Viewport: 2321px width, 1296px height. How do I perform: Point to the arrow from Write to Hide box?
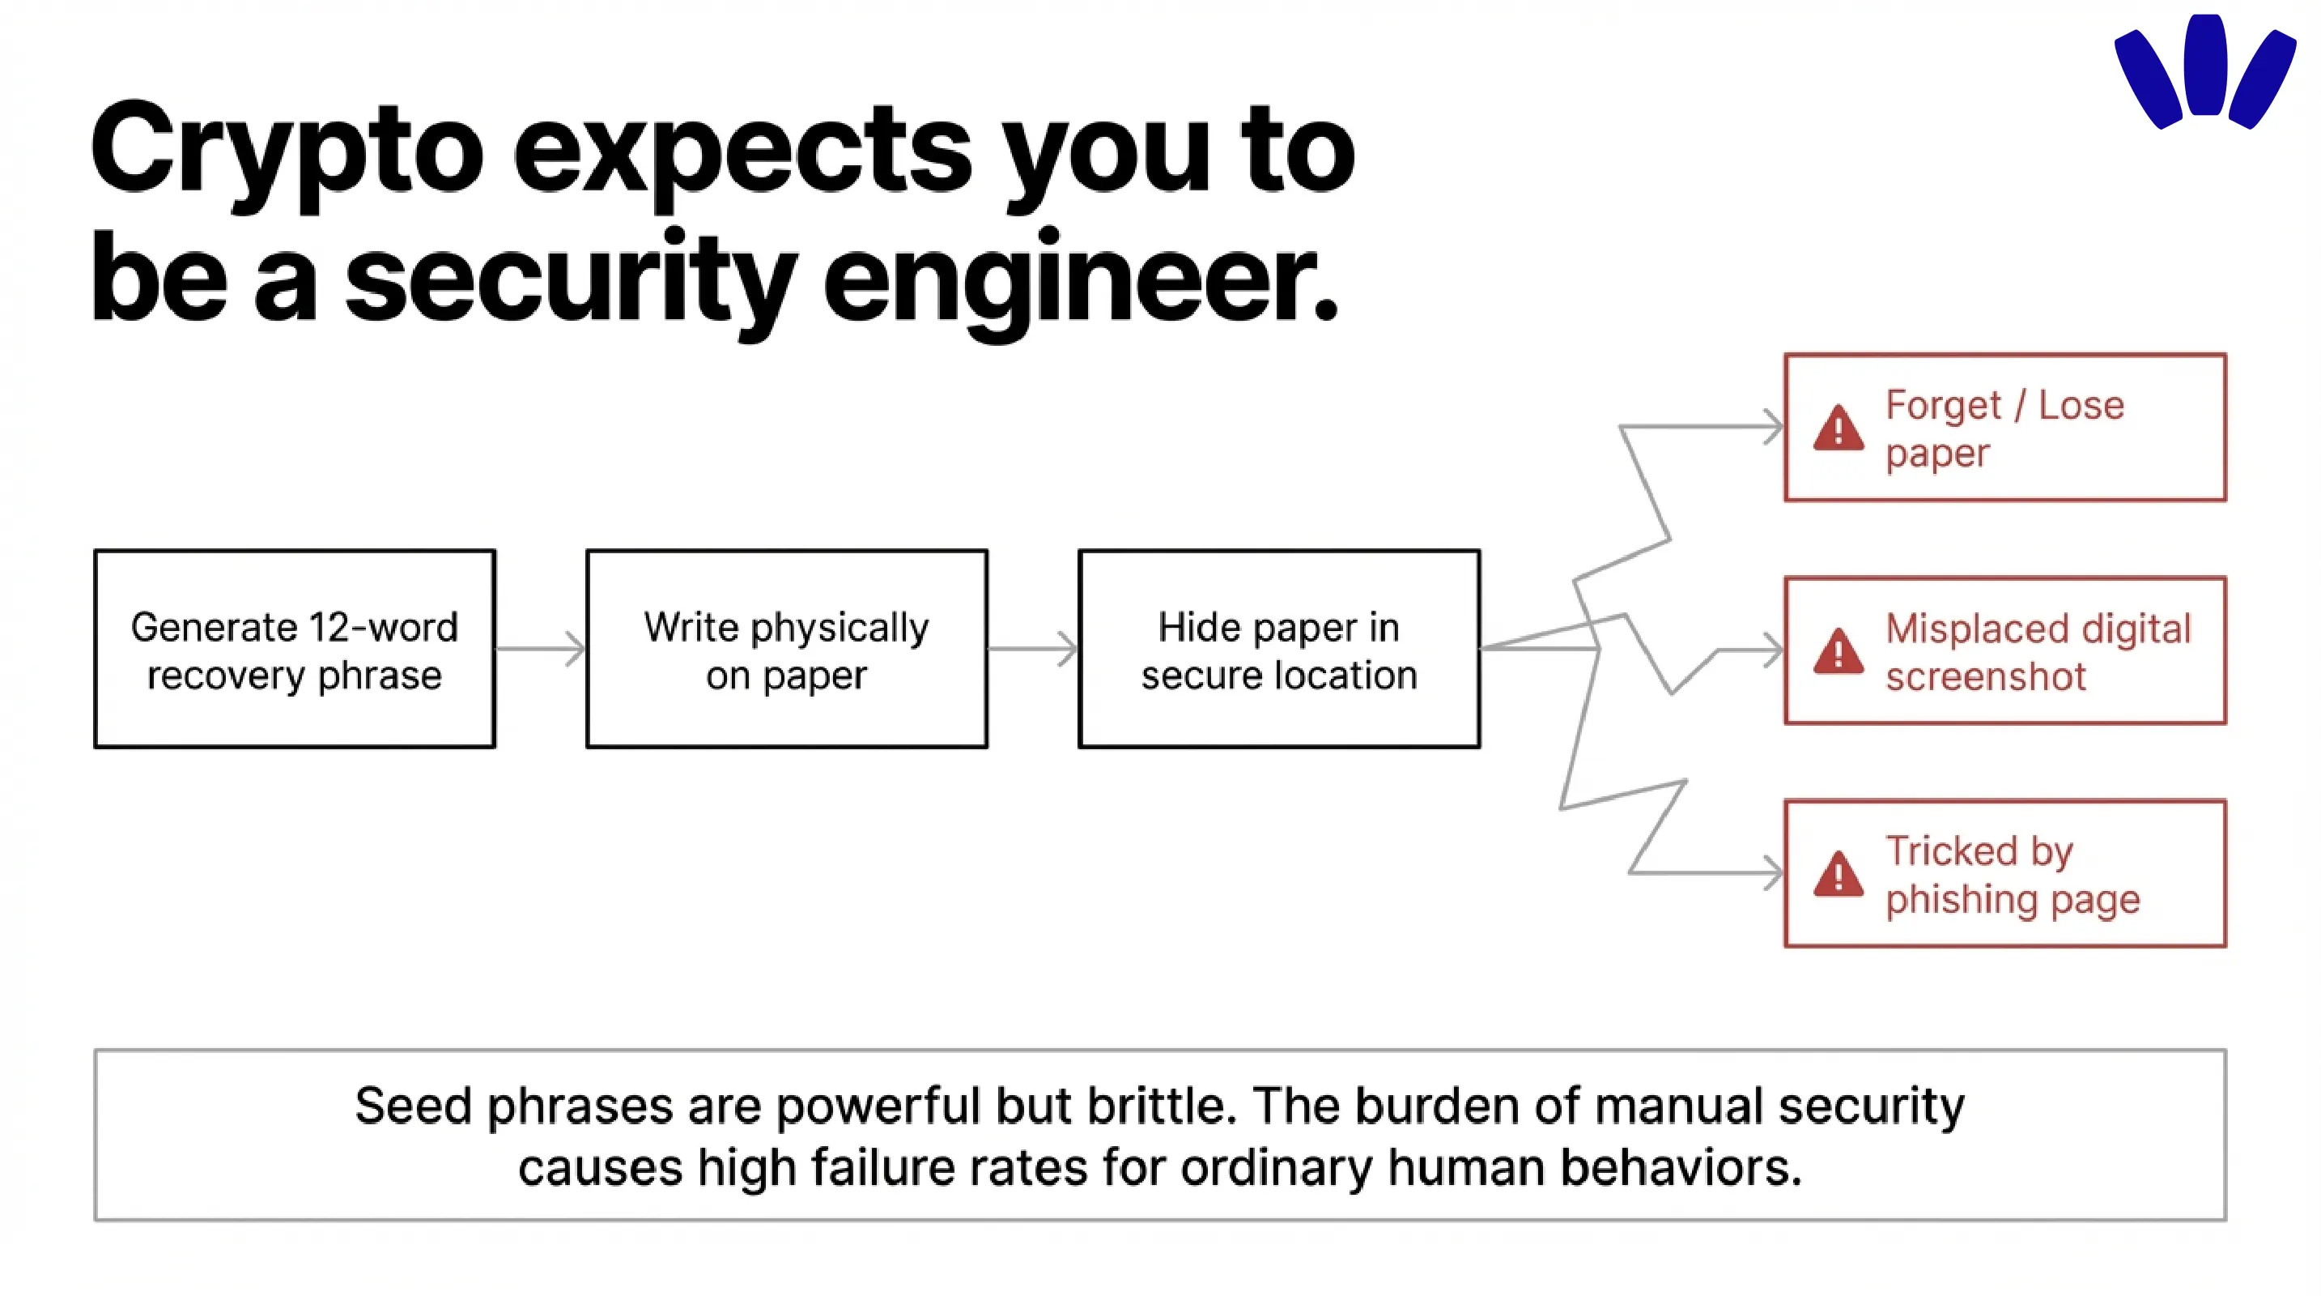pos(1032,649)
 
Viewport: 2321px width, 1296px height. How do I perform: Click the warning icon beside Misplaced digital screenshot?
pos(1838,650)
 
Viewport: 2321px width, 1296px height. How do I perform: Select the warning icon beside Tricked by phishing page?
pos(1838,873)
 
